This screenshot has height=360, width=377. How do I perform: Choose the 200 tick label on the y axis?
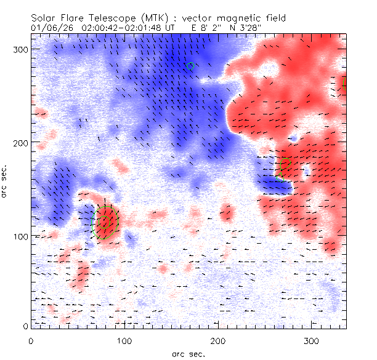click(20, 142)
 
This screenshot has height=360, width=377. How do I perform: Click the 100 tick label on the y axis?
click(20, 236)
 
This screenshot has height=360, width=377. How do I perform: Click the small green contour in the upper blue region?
click(190, 65)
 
